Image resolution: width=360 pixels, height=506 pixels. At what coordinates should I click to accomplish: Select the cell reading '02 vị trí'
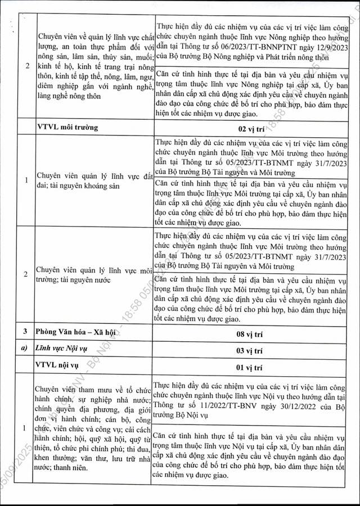250,128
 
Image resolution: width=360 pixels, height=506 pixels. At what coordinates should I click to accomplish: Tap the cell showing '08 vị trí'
250,334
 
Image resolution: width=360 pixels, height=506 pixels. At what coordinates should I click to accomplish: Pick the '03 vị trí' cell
250,350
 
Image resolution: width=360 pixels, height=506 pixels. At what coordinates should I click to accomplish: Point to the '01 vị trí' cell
250,367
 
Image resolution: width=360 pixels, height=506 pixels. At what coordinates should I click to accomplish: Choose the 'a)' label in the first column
24,350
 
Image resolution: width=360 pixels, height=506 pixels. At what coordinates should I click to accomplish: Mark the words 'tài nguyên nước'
81,279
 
